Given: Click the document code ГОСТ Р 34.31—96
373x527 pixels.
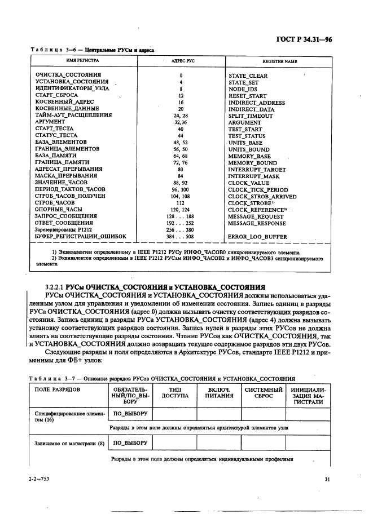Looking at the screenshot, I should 320,39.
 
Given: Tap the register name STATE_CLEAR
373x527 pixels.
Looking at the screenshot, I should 248,76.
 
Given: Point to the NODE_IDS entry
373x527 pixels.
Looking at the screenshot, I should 243,89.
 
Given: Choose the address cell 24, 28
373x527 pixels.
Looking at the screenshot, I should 181,116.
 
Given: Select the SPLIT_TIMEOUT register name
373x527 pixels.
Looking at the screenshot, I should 250,116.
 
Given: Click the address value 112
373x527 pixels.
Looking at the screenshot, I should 181,203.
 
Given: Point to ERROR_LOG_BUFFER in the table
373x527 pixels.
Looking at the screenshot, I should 257,237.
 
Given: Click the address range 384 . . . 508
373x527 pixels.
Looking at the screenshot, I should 181,237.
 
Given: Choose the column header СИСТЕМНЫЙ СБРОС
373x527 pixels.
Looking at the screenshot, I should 263,392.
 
